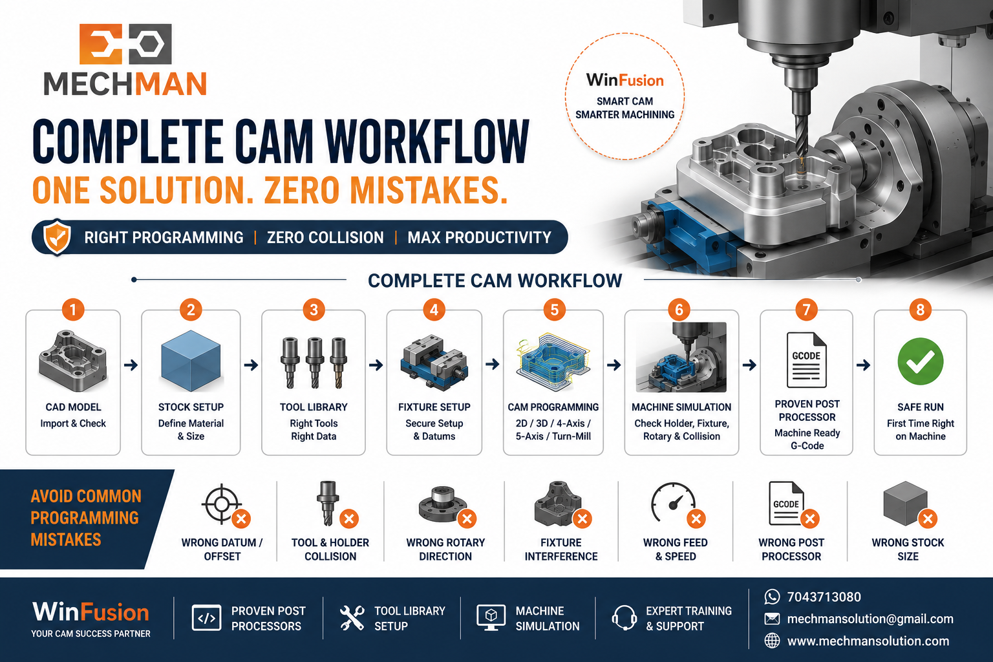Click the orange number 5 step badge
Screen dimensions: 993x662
554,310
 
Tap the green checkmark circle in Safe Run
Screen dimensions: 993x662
921,361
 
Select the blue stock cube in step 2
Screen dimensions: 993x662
191,361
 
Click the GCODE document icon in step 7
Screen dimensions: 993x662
806,360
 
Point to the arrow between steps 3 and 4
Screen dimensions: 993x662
376,365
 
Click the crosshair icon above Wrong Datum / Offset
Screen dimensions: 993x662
222,504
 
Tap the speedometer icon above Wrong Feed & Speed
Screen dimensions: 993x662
673,502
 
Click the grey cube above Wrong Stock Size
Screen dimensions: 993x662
905,503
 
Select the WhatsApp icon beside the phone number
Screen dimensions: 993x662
772,596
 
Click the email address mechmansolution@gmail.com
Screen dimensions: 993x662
870,619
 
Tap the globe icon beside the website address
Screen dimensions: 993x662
772,641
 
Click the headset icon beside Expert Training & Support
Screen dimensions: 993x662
624,617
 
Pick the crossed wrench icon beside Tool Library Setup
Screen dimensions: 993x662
352,617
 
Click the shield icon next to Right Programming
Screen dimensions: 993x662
57,237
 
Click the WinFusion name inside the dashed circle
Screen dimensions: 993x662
625,80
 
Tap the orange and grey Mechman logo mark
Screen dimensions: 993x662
125,43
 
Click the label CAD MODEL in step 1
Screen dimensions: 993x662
73,407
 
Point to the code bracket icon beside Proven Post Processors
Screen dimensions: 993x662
207,617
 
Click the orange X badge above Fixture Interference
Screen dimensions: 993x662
582,518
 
